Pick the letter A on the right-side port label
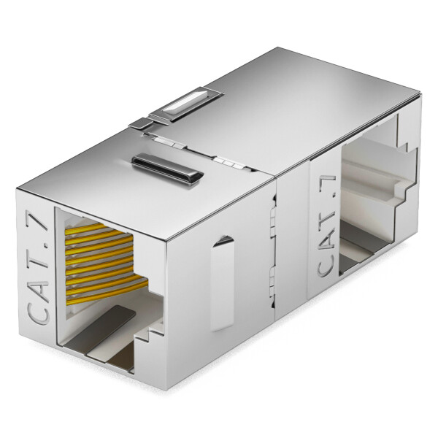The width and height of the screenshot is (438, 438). coord(326,237)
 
